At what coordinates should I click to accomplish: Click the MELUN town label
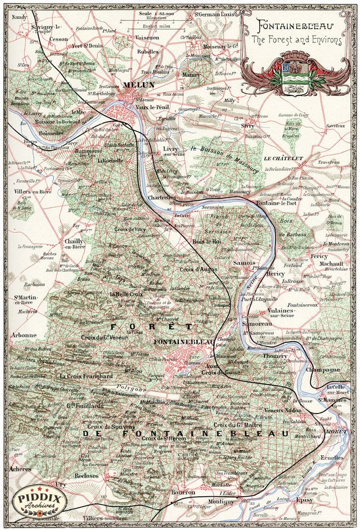click(x=138, y=85)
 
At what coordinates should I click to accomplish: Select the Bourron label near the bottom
click(x=183, y=492)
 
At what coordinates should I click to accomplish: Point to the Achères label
click(x=20, y=469)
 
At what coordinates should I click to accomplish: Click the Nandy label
click(x=20, y=17)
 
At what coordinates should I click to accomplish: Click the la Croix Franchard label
click(x=86, y=376)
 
